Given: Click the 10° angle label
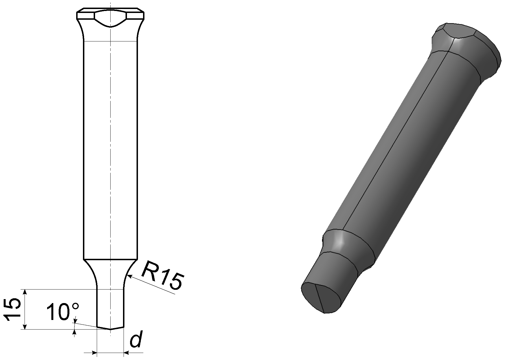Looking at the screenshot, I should pos(63,312).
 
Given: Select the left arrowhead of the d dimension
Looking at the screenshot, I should pos(94,352).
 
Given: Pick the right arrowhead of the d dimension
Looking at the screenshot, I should pos(126,352).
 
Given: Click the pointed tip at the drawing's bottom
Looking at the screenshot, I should pos(111,329).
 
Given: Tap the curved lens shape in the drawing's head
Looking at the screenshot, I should pos(110,18).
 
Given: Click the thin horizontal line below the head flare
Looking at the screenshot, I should pos(111,41).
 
